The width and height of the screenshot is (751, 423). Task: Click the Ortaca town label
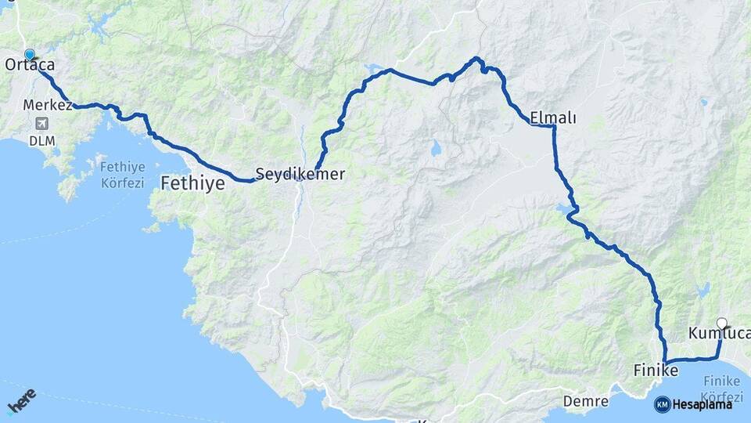[30, 66]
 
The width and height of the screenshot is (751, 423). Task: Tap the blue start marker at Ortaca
[30, 54]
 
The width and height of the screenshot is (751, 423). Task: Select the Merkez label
[48, 105]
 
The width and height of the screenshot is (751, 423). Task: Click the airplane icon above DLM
[41, 124]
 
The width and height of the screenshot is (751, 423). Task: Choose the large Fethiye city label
[192, 184]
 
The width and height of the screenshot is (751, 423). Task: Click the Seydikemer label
[300, 175]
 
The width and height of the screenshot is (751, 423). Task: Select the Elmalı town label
[553, 118]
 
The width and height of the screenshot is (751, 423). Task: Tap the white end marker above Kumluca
[722, 323]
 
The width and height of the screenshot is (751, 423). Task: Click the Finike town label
[656, 369]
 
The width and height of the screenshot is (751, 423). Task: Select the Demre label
[586, 402]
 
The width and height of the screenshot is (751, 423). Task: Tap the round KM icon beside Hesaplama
[662, 405]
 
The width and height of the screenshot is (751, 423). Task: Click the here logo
[21, 403]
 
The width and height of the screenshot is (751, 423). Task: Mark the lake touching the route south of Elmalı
[565, 211]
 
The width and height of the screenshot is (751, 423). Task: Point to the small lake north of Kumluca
[703, 291]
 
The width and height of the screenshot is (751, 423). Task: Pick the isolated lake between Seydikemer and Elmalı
[434, 146]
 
